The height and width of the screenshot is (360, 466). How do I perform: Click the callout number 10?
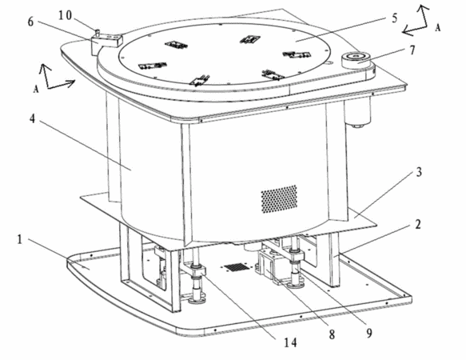tap(65, 15)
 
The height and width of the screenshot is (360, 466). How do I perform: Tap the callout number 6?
tap(30, 22)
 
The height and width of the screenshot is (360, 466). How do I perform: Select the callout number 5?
tap(394, 18)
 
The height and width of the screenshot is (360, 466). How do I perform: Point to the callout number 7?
tap(412, 50)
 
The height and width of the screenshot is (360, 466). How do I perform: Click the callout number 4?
tap(33, 118)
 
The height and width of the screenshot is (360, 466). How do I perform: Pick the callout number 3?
tap(419, 172)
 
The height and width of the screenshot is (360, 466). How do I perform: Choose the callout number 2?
tap(418, 224)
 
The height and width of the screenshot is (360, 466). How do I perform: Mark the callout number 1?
tap(20, 239)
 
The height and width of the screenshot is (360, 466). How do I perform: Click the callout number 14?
tap(290, 342)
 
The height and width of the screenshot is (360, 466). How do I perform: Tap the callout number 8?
tap(332, 334)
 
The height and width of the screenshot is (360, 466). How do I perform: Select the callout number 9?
tap(368, 334)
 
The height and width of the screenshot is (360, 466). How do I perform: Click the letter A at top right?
tap(437, 28)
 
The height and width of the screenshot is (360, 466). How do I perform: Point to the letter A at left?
tap(36, 89)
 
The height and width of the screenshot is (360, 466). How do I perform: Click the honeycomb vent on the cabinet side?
tap(279, 198)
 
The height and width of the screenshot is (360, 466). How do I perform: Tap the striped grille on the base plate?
tap(237, 267)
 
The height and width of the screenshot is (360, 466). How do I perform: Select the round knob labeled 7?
tap(356, 60)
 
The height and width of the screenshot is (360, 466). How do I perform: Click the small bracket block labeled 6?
tap(106, 42)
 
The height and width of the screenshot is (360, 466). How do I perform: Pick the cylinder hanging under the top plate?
tap(357, 111)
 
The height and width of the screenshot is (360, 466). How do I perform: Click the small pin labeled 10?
tap(97, 31)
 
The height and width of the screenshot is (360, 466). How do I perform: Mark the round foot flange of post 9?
tap(294, 284)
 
